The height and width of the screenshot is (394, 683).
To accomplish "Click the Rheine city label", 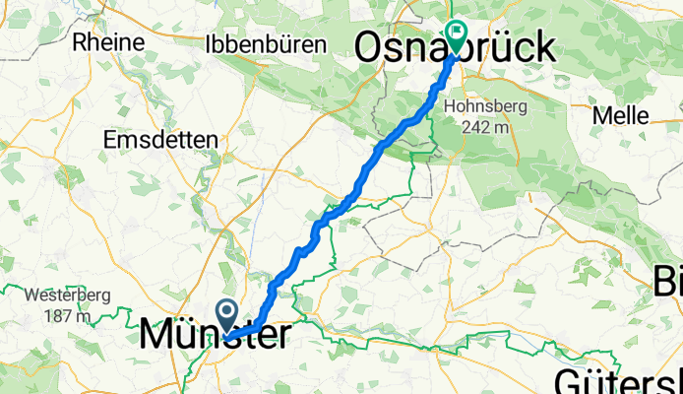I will click(108, 43).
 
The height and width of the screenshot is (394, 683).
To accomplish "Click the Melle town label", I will click(620, 114).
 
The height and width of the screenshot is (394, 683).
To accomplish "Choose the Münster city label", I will click(215, 335).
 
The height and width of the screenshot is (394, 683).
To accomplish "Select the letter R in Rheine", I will click(82, 43).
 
